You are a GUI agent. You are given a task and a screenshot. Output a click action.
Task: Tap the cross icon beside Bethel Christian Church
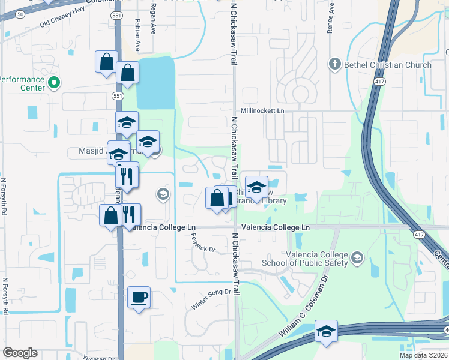tap(334, 64)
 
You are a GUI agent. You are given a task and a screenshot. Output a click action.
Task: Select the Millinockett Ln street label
tap(262, 111)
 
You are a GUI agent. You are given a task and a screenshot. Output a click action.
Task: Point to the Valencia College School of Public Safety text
tap(317, 259)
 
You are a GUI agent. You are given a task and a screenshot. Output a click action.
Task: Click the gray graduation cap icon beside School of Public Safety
tap(357, 259)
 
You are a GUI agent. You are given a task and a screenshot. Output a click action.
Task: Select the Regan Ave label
tap(153, 24)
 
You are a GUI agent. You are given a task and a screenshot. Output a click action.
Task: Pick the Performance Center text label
tap(22, 83)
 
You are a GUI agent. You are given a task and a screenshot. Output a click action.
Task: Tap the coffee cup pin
tap(139, 298)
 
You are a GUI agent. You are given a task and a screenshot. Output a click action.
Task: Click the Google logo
tap(20, 353)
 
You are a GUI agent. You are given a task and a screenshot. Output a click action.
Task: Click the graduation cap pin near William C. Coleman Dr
tap(326, 331)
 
